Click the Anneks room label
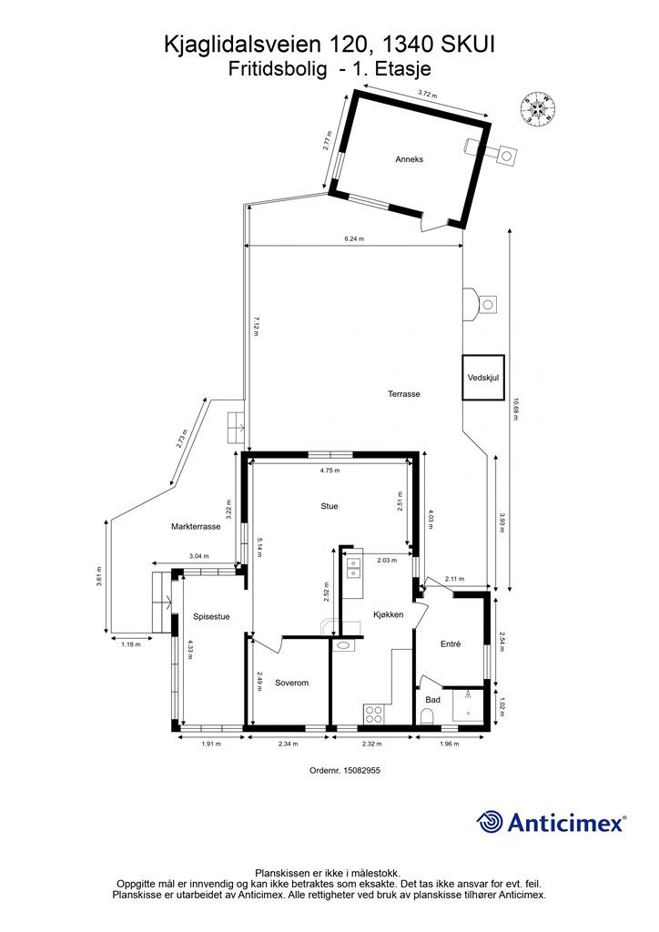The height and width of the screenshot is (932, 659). [x=410, y=159]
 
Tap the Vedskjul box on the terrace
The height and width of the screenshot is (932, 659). [x=483, y=378]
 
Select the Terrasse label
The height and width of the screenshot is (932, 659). [x=404, y=394]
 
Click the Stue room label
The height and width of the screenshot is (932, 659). [x=329, y=506]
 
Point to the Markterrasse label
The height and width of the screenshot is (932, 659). [x=196, y=527]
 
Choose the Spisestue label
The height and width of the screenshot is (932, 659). [x=211, y=617]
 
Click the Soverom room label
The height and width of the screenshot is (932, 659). [x=292, y=683]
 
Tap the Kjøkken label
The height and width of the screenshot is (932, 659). [x=388, y=614]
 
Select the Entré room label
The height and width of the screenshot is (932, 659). [x=451, y=643]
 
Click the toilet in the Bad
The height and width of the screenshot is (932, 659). [x=429, y=715]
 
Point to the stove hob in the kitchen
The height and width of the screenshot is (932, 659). [x=374, y=714]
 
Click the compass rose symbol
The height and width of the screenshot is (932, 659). [x=538, y=108]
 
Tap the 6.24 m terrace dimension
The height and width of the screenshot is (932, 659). [x=355, y=239]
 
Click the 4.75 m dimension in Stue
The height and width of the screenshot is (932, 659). [x=329, y=471]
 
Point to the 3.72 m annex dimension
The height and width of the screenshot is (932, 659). [x=427, y=94]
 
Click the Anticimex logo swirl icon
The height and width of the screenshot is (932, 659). [x=490, y=822]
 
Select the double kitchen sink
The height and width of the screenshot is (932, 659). [x=353, y=568]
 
